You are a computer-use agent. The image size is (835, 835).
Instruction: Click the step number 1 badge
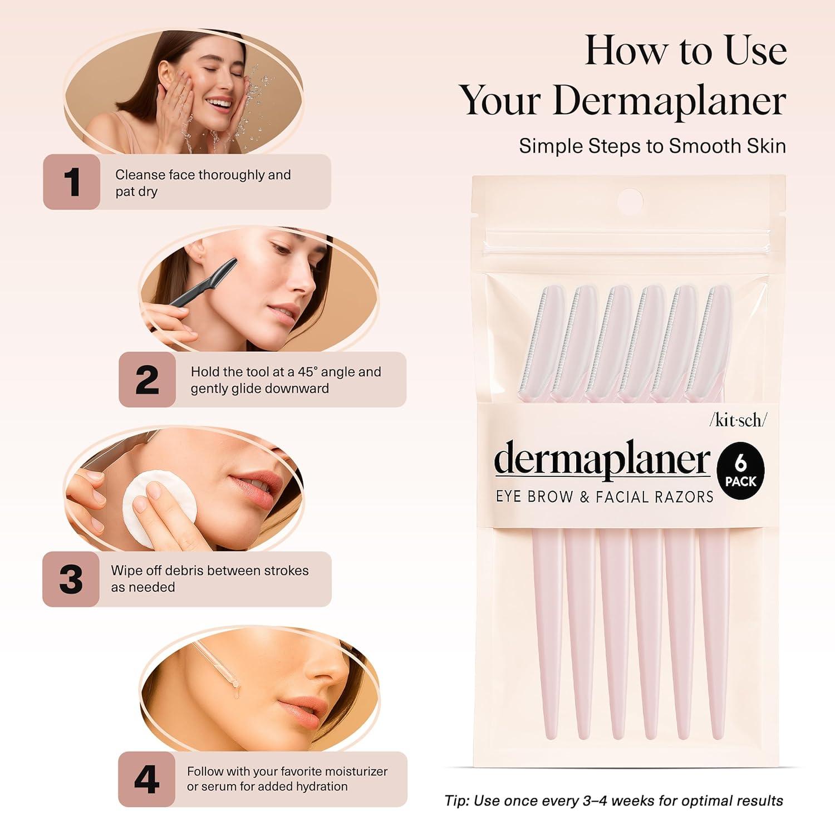pyautogui.click(x=72, y=182)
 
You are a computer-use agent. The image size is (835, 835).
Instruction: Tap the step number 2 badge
pyautogui.click(x=147, y=380)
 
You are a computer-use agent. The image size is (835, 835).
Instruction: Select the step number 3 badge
pyautogui.click(x=71, y=579)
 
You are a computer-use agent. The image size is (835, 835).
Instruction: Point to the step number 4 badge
pyautogui.click(x=146, y=779)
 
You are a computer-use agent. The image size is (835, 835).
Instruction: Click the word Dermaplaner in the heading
pyautogui.click(x=669, y=101)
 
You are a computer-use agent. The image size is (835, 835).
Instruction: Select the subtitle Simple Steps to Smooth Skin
pyautogui.click(x=652, y=146)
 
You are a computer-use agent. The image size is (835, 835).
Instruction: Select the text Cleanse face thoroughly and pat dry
pyautogui.click(x=203, y=183)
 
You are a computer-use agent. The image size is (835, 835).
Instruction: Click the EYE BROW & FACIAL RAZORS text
pyautogui.click(x=605, y=497)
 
